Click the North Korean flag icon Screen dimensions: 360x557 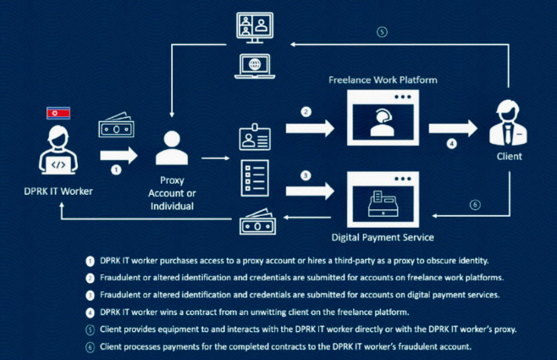tap(57, 113)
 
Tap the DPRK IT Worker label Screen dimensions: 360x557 tap(58, 191)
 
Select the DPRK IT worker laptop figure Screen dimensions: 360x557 tap(57, 152)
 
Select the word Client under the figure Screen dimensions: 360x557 tap(508, 158)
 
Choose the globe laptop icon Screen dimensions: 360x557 tap(256, 64)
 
